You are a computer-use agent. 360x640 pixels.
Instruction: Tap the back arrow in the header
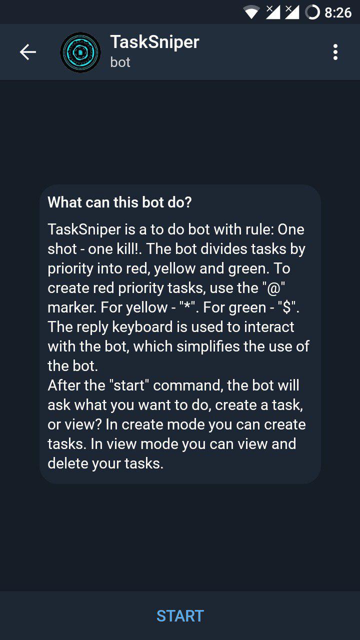click(27, 52)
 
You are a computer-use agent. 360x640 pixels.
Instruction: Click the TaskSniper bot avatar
click(80, 52)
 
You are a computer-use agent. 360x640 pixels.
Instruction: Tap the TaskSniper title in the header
click(154, 42)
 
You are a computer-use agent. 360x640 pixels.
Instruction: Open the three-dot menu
click(335, 52)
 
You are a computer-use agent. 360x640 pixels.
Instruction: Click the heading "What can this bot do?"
click(119, 202)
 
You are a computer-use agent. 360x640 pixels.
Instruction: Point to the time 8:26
click(338, 12)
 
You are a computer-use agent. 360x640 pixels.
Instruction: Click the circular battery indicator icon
click(312, 12)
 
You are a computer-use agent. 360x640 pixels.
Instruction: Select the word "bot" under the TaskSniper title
click(120, 62)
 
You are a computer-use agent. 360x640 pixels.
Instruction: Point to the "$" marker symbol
click(287, 307)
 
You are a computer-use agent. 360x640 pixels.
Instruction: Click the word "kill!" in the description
click(129, 249)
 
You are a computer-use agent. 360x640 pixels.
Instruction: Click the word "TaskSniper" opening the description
click(84, 229)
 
